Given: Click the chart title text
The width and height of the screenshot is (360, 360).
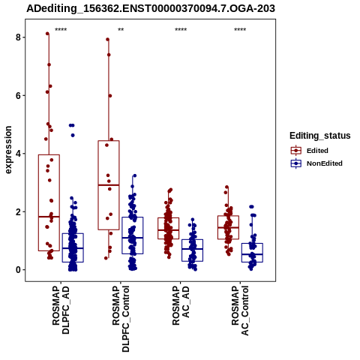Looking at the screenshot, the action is point(151,8).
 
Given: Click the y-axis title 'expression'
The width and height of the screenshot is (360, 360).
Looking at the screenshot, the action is point(8,150).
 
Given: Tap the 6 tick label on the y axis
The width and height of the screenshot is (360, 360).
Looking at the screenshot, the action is point(18,95).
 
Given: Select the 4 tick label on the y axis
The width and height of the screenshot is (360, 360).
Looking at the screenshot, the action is point(18,154).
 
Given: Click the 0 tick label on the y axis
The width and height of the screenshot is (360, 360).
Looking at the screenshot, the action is point(18,270).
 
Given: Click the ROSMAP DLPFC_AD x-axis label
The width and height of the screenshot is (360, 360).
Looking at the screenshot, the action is point(61,310).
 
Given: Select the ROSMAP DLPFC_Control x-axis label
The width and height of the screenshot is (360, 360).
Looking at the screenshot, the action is point(121,319).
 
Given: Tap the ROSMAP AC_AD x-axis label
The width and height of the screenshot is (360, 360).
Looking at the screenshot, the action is point(181,305).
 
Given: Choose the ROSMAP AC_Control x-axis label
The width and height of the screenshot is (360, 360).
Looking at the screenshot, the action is point(240,310).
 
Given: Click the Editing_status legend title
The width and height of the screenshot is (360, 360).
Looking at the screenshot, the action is point(320,136).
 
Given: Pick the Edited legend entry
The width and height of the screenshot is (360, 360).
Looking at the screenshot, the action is point(310,151).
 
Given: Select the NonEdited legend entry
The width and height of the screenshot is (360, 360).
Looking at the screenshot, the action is point(316,163).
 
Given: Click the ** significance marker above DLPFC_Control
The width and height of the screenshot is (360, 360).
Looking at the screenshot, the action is point(121,30).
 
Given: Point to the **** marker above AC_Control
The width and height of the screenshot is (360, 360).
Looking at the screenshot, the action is point(240,30).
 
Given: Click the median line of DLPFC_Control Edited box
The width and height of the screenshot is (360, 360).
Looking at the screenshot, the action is point(109,185).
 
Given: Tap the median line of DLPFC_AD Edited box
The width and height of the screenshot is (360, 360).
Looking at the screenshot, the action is point(49,217).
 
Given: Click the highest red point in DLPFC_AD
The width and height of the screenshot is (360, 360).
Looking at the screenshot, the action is point(47,34).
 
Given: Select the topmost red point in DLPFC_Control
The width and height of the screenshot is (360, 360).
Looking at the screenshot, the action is point(108,39).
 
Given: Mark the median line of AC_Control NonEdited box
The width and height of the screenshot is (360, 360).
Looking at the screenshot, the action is point(252,254).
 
